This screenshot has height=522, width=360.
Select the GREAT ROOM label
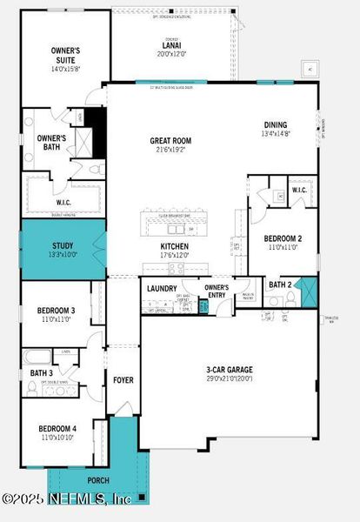click(170, 141)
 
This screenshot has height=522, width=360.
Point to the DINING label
click(277, 124)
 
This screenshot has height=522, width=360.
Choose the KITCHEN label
click(174, 247)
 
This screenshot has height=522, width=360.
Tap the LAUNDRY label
click(162, 288)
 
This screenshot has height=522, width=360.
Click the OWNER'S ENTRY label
click(217, 291)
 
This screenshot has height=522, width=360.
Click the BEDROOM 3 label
click(56, 311)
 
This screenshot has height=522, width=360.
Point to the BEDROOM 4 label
click(56, 429)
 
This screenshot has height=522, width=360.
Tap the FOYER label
click(123, 380)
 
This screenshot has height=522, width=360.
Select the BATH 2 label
click(279, 284)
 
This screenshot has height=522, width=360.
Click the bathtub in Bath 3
click(40, 356)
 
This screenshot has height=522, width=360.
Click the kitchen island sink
click(178, 229)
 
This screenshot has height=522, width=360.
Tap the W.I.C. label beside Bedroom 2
click(299, 190)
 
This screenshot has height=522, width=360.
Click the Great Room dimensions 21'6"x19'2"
click(170, 151)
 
